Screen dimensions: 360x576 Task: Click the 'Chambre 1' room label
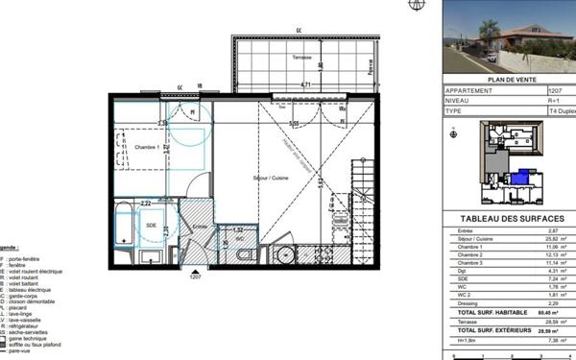click(x=146, y=147)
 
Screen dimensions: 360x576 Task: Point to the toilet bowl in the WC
click(x=244, y=254)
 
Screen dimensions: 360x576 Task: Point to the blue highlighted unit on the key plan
click(x=517, y=178)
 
